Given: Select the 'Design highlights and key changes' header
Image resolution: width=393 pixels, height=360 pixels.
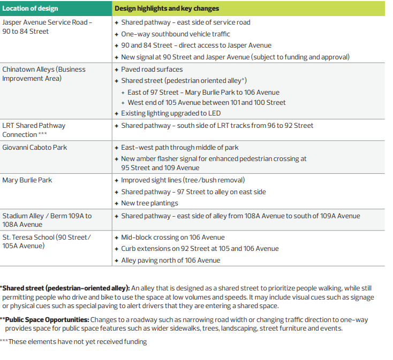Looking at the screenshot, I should (167, 9).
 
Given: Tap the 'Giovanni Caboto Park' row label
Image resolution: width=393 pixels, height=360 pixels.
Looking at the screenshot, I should (35, 147).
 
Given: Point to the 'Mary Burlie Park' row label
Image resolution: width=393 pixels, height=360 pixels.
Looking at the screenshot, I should (27, 180).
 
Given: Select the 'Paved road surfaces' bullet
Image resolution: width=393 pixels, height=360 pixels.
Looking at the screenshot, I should (152, 70).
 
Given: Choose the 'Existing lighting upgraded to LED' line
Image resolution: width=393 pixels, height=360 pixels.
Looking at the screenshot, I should (170, 113).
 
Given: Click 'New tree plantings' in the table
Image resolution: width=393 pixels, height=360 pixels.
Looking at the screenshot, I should (149, 203).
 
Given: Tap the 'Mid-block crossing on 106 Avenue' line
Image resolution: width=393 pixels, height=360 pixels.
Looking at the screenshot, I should (172, 237).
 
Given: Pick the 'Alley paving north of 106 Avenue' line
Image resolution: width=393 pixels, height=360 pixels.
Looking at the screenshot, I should (170, 261).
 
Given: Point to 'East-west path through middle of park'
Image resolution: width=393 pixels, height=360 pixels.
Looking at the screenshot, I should (179, 147).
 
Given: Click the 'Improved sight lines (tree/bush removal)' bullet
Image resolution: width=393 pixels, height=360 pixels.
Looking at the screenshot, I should (183, 180).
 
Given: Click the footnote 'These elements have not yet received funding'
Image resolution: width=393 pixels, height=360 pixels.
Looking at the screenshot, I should (77, 342).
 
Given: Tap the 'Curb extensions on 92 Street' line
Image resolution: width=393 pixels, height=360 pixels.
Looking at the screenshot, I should (200, 249).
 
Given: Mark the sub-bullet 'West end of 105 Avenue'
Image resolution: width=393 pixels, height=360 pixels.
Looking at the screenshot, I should (207, 102).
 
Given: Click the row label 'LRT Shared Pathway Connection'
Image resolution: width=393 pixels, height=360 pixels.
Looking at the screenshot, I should (34, 130).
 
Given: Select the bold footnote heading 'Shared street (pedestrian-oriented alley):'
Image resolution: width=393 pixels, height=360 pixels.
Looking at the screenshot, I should (66, 288).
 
